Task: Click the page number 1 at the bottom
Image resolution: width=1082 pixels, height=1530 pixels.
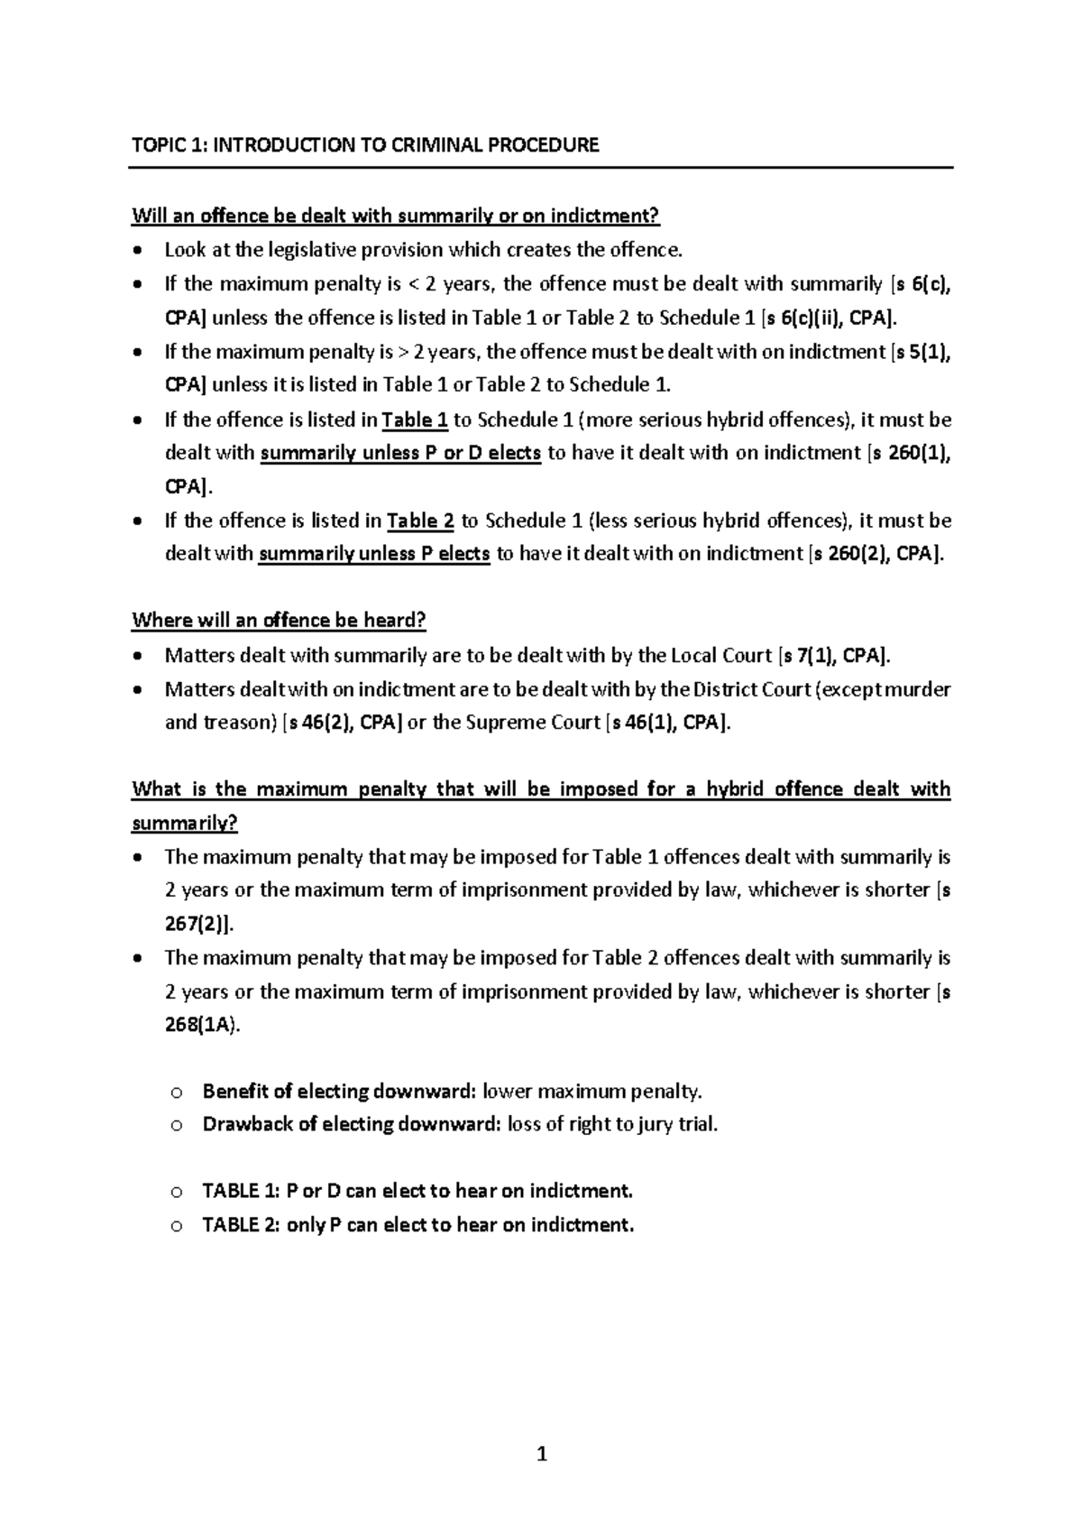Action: point(541,1454)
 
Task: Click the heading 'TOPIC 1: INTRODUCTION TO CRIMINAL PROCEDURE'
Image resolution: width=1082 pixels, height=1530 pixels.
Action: point(365,145)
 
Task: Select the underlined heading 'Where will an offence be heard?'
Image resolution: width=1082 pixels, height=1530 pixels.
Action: point(279,621)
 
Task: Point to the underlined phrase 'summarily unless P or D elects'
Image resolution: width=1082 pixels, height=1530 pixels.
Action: point(400,453)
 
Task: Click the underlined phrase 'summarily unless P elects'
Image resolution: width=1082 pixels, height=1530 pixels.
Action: point(374,554)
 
